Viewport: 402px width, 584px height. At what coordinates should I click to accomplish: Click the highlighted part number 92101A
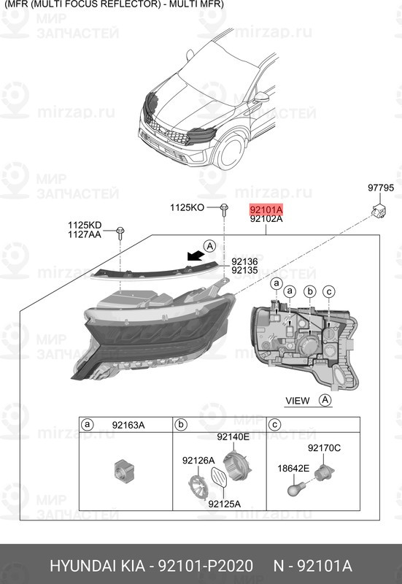(266, 208)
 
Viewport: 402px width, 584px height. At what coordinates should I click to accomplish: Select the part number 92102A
(266, 218)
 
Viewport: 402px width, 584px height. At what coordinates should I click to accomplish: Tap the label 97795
(379, 188)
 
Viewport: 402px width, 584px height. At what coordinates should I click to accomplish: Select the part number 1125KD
(85, 225)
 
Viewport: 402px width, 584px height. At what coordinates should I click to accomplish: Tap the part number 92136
(244, 261)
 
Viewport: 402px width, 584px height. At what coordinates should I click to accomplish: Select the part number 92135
(244, 271)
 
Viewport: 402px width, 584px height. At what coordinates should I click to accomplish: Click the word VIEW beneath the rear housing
(298, 400)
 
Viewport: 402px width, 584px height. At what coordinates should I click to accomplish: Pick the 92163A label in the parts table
(128, 425)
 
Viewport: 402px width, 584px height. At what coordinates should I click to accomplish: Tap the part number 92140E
(233, 437)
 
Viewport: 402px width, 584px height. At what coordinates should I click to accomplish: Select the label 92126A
(198, 461)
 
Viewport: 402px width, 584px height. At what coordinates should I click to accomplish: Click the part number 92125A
(224, 504)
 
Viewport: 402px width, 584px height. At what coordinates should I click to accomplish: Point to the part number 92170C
(324, 447)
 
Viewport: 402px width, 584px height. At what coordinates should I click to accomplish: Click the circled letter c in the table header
(275, 425)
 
